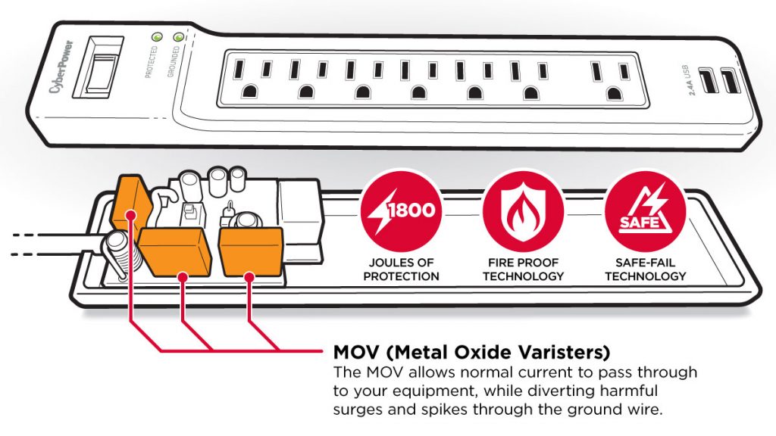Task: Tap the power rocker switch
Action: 99,72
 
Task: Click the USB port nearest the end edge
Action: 728,81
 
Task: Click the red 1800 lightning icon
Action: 400,209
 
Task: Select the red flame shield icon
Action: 523,209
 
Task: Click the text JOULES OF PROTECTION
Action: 401,269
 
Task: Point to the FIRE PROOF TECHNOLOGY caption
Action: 523,269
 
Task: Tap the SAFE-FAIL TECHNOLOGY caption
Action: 645,269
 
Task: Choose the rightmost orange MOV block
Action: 250,249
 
